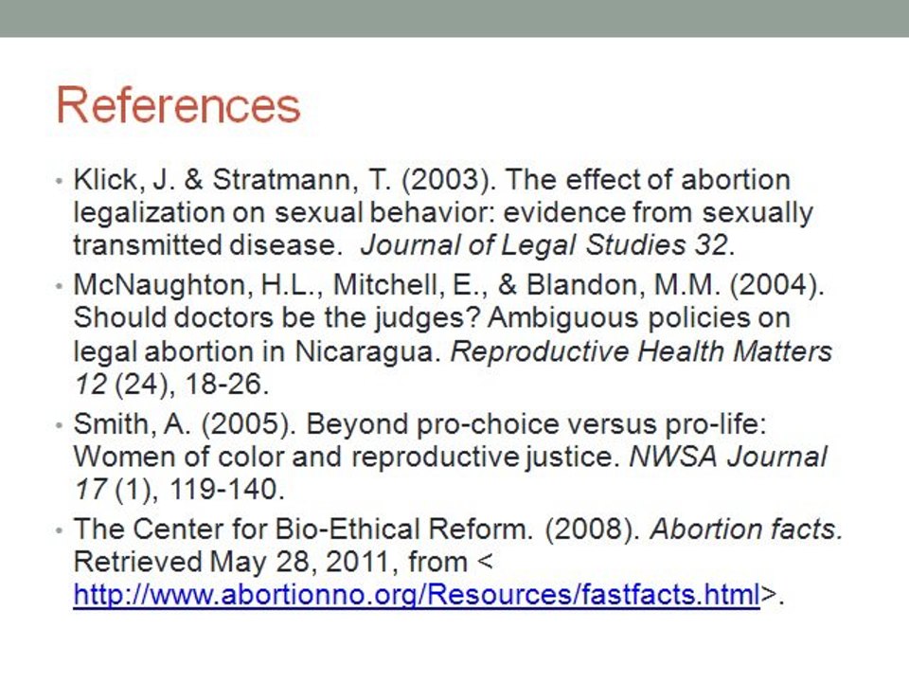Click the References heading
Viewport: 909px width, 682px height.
pyautogui.click(x=179, y=106)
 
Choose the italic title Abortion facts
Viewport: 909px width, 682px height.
pyautogui.click(x=746, y=529)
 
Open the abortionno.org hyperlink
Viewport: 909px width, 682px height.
pyautogui.click(x=417, y=595)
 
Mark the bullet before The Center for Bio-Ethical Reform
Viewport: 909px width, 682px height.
pyautogui.click(x=60, y=529)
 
